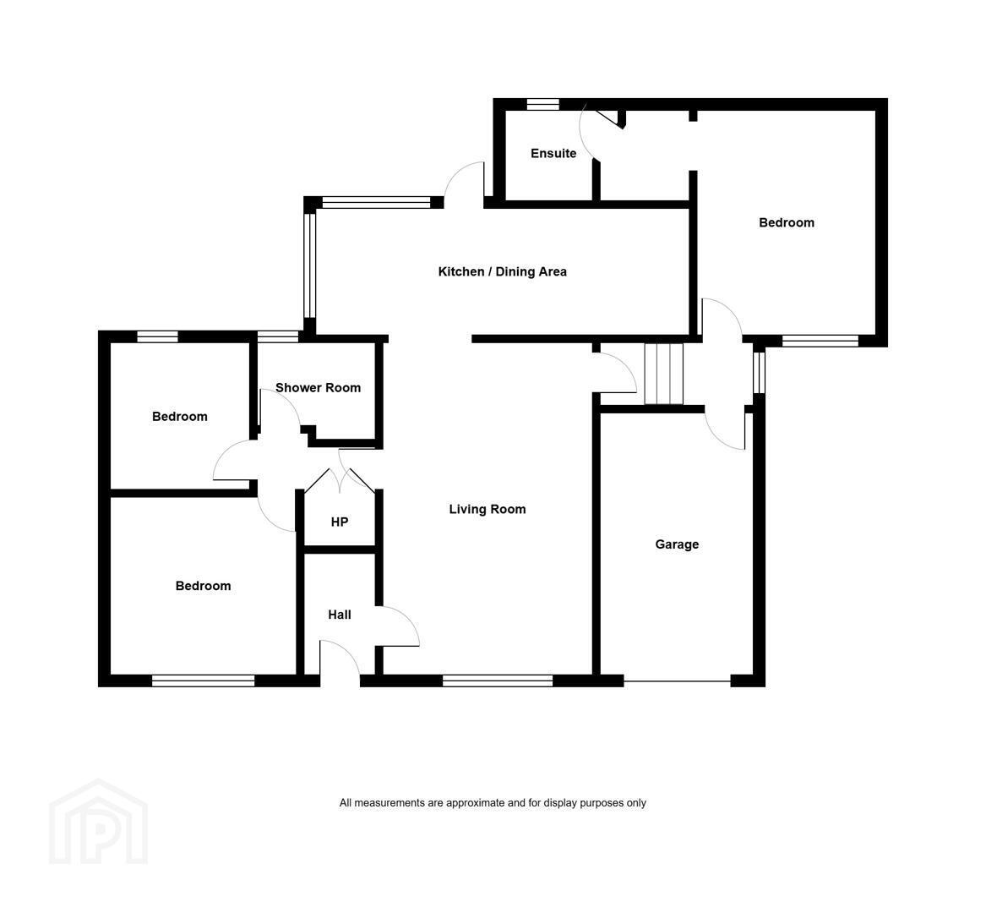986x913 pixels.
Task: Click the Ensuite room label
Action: point(553,154)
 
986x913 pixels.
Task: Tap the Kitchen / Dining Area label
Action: point(503,272)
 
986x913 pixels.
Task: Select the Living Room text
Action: point(488,509)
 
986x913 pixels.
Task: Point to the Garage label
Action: point(677,544)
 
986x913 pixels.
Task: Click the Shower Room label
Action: point(319,387)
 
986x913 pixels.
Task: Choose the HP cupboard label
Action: point(340,522)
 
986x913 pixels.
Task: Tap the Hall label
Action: point(340,615)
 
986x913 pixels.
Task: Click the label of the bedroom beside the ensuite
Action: point(787,222)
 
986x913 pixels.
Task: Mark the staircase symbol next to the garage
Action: point(664,374)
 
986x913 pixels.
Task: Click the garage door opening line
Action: point(678,681)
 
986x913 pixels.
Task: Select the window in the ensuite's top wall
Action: point(542,105)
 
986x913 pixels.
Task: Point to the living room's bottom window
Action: point(498,681)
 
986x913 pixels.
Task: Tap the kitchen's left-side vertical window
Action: point(309,266)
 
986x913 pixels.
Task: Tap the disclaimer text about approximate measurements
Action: point(493,803)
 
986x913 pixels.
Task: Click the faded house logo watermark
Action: point(99,821)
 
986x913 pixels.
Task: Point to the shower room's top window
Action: point(278,336)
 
